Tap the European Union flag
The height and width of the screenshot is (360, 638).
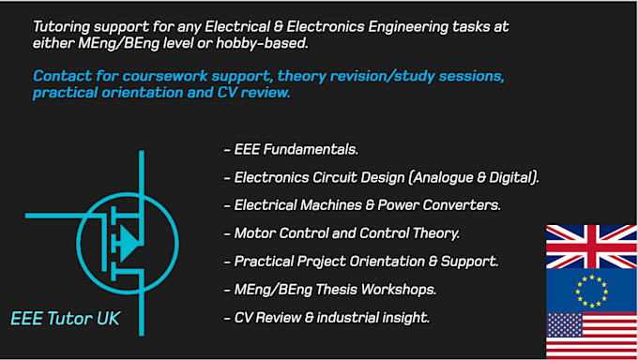(x=591, y=291)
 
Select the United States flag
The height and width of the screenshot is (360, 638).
(x=591, y=336)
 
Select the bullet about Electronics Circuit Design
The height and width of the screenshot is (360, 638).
(x=381, y=177)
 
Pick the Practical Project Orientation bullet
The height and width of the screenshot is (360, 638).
(x=361, y=262)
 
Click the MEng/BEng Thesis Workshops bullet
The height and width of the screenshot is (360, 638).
(x=331, y=290)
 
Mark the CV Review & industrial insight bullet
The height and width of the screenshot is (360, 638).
(x=327, y=318)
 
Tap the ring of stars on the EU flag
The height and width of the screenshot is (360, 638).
(x=591, y=291)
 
